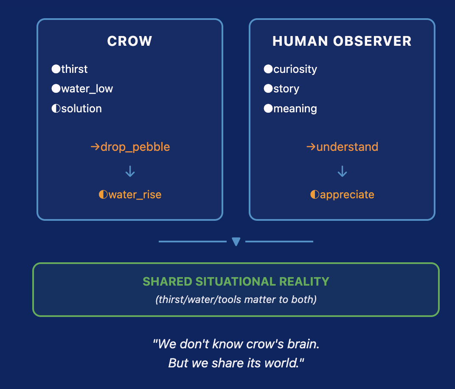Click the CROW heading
129,41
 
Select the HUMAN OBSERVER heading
342,41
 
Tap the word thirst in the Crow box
74,69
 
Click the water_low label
87,89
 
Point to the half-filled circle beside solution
56,108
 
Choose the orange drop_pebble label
135,147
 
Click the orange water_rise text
135,195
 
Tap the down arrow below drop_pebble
130,171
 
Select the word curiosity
295,69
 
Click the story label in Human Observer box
286,89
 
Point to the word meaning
295,108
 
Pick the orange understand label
347,147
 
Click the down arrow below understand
342,171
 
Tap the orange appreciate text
347,195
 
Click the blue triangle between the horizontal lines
236,242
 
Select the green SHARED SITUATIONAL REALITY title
236,281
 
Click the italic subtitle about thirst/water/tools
236,300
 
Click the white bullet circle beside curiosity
268,69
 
